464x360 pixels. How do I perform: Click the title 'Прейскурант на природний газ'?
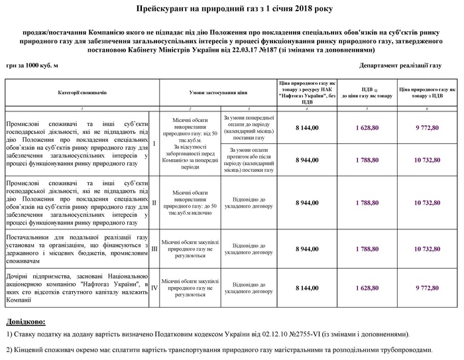coord(232,10)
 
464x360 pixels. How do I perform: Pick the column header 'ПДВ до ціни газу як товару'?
coord(367,92)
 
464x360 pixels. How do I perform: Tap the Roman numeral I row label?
coord(154,143)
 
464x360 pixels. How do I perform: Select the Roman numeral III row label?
coord(154,249)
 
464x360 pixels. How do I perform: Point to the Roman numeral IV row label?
coord(154,288)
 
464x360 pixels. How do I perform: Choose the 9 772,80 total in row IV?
coord(427,288)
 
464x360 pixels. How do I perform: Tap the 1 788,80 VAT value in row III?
coord(367,249)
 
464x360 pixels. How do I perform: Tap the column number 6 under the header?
coord(427,107)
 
